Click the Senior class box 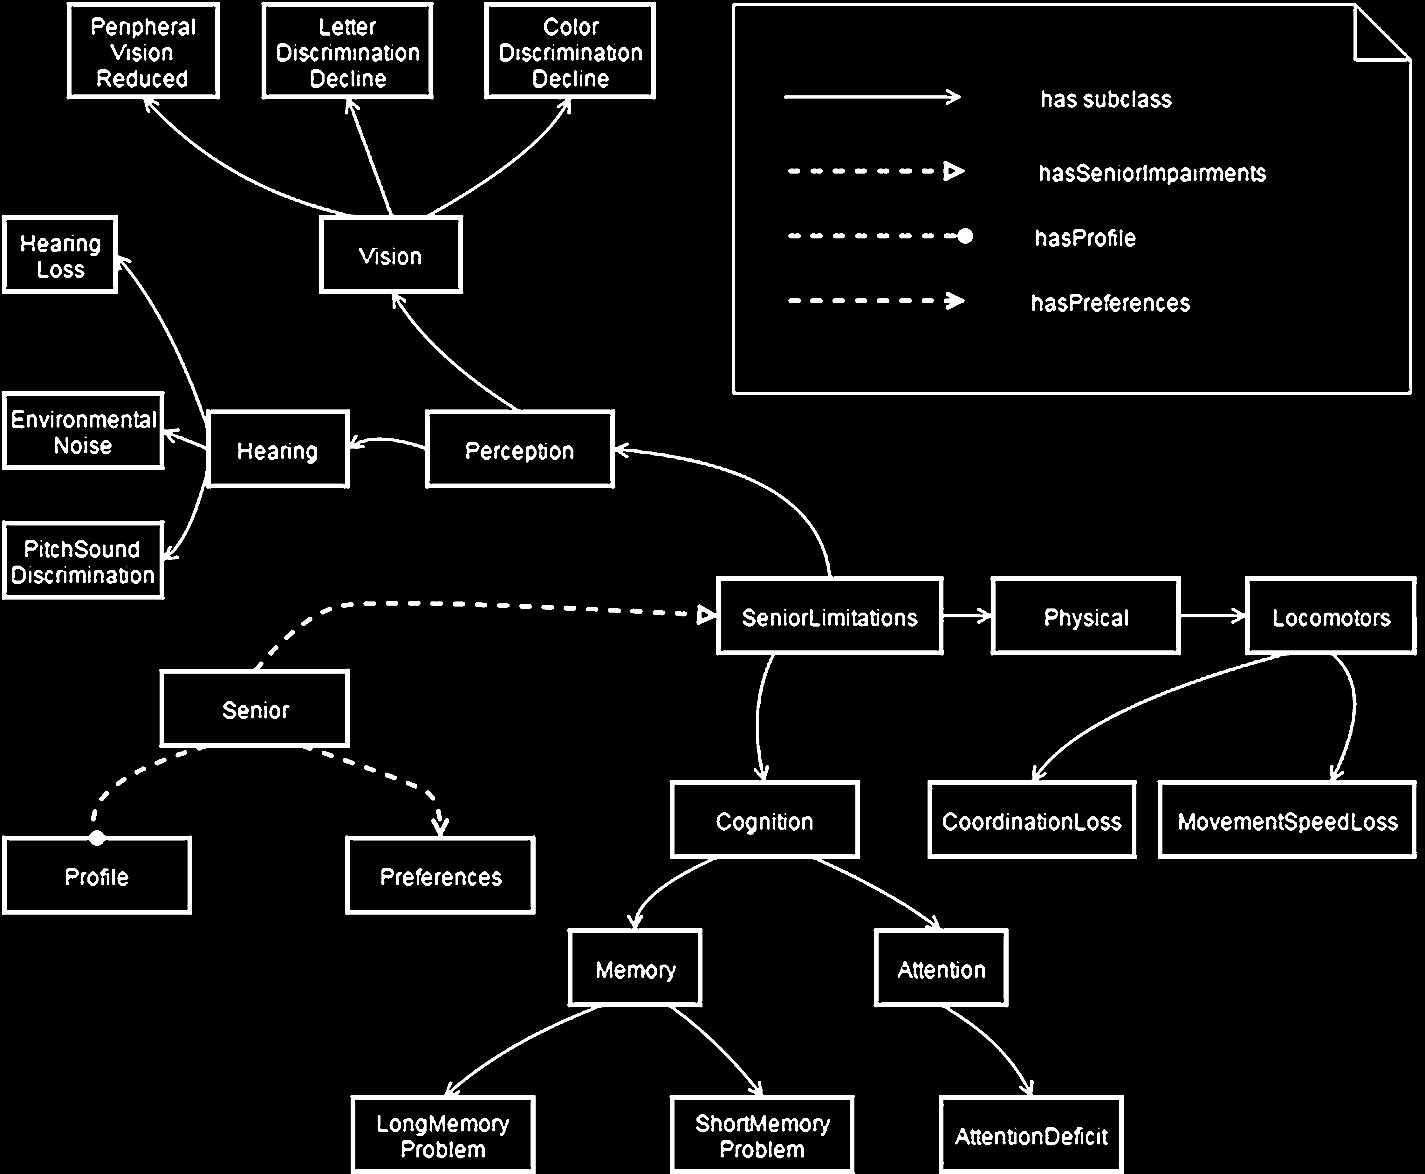255,709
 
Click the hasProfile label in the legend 1085,238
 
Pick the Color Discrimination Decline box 570,52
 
